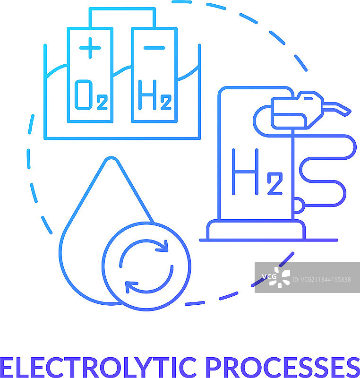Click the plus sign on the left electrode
[x=90, y=48]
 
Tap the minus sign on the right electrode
[x=154, y=48]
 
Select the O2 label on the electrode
[x=90, y=95]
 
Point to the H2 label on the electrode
[x=154, y=95]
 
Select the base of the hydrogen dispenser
[x=255, y=231]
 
